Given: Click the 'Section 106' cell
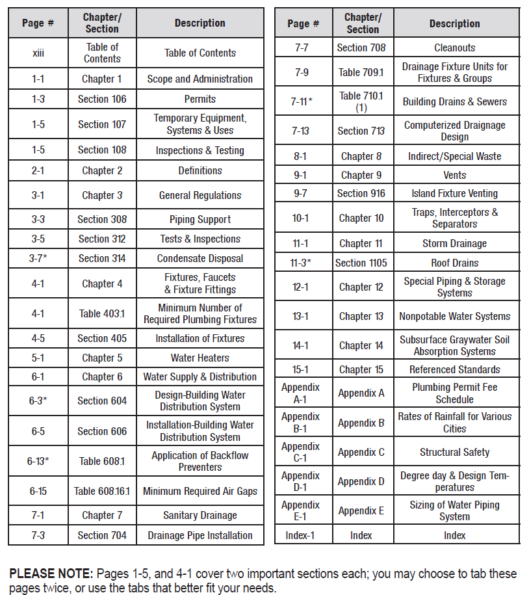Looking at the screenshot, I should tap(102, 99).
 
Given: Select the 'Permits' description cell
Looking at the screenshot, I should tap(200, 99).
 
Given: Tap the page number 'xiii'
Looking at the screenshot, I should tap(38, 53).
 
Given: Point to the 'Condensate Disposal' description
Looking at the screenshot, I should tap(200, 258).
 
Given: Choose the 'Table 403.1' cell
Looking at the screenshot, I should tap(102, 313).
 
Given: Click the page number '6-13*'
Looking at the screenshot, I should tap(38, 461).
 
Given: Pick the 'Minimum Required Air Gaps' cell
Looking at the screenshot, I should tap(200, 491).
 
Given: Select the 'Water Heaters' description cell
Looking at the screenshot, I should tap(200, 358).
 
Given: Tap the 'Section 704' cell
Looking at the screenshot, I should tap(102, 535).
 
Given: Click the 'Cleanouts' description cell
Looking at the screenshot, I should tap(454, 47).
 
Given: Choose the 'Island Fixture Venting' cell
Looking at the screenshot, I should tap(454, 193).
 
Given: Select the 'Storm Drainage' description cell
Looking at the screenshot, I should tap(454, 243).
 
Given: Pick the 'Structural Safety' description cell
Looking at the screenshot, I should tap(454, 452).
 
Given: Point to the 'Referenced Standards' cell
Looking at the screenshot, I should tap(454, 369).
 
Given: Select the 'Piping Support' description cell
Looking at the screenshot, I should tap(200, 219).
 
